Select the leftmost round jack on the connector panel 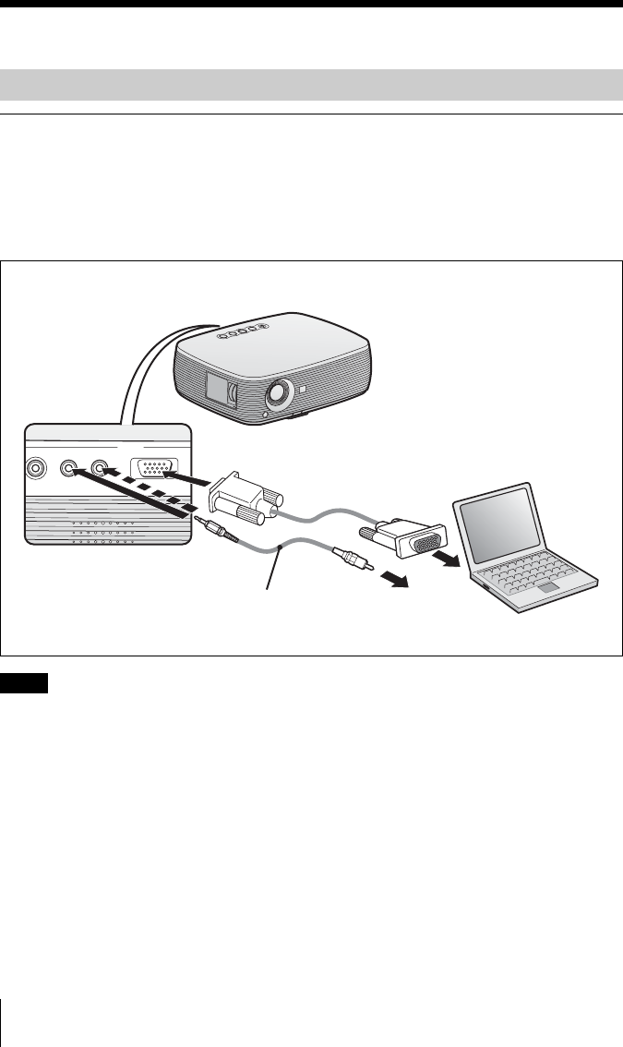[x=35, y=468]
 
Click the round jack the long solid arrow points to [x=67, y=468]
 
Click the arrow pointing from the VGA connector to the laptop [x=452, y=560]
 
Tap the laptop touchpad [x=549, y=587]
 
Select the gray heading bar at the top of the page [x=311, y=84]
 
